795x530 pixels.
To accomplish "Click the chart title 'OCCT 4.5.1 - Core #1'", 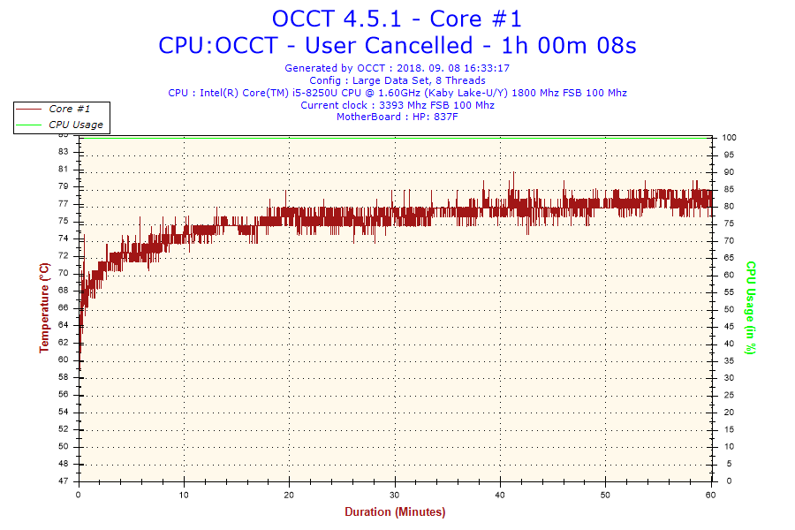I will [397, 19].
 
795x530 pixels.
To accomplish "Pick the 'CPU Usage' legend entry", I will [75, 125].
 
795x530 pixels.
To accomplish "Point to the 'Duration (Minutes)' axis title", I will [395, 512].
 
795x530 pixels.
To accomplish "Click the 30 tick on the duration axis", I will [395, 495].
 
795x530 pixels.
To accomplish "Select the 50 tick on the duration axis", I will [605, 495].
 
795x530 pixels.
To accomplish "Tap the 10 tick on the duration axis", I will [185, 495].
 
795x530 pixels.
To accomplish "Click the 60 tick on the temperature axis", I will [63, 360].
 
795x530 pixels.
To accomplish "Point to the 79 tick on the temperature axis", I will [63, 186].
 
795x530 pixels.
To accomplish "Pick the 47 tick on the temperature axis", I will [63, 481].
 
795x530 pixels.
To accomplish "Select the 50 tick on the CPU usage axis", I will [727, 309].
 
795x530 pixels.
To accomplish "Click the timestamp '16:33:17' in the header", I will [485, 68].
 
